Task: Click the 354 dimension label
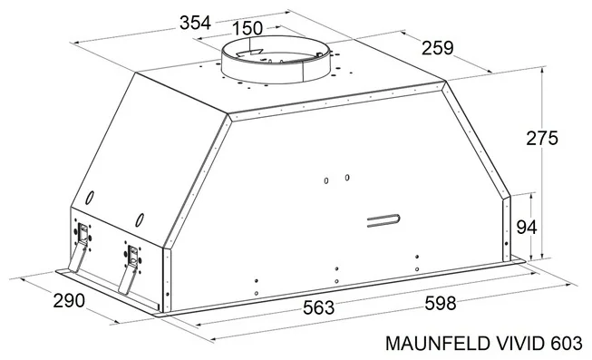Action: click(x=195, y=23)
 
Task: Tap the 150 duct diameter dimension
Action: click(x=247, y=28)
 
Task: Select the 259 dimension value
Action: click(x=438, y=48)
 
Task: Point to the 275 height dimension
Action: click(x=542, y=138)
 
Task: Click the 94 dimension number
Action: click(x=527, y=228)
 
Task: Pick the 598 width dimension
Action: click(x=441, y=303)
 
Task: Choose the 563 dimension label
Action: click(x=318, y=307)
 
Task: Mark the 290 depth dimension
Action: click(x=69, y=301)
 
